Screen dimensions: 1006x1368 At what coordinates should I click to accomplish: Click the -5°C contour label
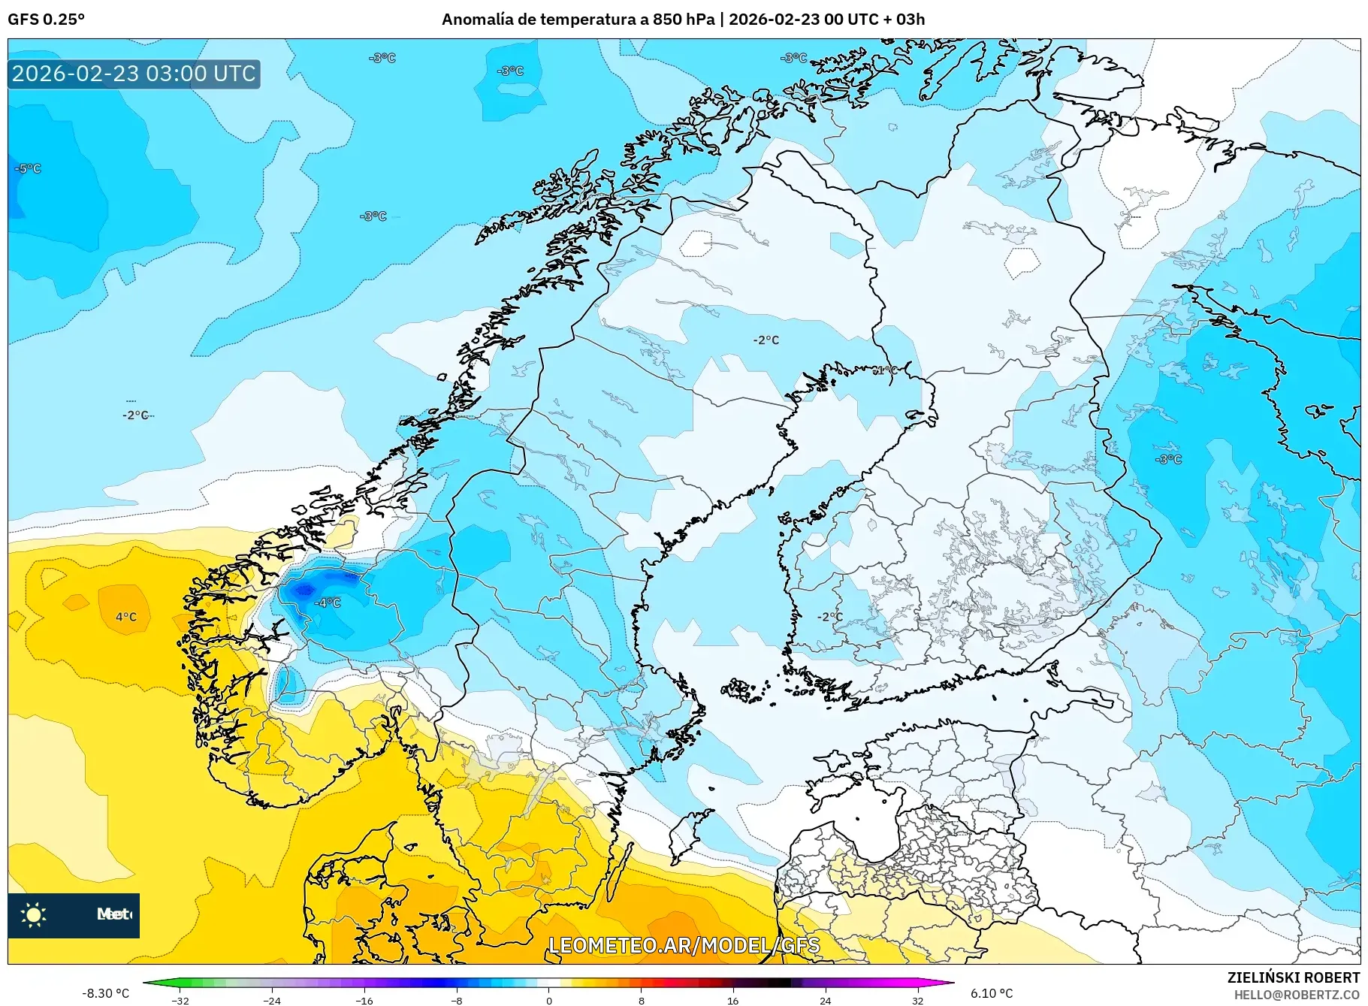click(x=28, y=168)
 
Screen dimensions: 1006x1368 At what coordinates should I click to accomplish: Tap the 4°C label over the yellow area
click(x=126, y=617)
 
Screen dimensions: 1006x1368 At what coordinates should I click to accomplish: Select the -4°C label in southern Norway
click(x=328, y=603)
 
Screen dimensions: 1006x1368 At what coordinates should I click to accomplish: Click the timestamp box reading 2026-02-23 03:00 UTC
click(x=134, y=74)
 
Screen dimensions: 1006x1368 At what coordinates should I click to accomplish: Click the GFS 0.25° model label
click(x=46, y=20)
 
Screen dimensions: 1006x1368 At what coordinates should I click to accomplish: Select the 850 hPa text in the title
click(x=684, y=20)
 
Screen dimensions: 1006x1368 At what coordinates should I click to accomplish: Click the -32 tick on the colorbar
click(x=180, y=1000)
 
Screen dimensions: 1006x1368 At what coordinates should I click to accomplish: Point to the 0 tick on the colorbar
click(x=548, y=1000)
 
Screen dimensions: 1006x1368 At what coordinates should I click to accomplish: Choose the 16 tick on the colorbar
click(x=732, y=1000)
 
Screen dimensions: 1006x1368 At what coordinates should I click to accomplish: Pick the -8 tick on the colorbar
click(x=457, y=1000)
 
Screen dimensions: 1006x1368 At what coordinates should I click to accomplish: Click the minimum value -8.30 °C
click(x=105, y=993)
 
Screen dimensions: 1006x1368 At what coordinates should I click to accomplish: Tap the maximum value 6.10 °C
click(x=992, y=993)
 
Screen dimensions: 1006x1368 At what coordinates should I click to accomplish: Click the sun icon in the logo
click(x=33, y=914)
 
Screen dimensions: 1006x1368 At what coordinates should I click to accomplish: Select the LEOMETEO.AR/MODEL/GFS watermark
click(x=684, y=945)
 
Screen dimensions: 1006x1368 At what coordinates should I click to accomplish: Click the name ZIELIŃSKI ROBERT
click(x=1293, y=977)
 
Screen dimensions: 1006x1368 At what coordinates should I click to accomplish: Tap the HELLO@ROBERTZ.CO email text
click(x=1297, y=994)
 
